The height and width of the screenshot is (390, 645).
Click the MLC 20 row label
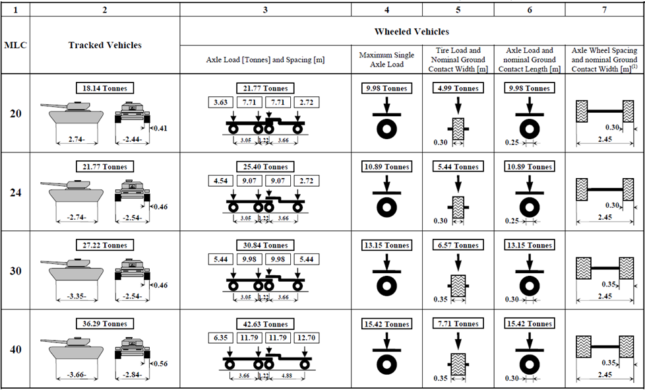click(15, 114)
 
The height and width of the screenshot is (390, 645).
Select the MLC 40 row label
click(15, 348)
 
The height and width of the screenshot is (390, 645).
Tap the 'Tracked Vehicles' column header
click(105, 45)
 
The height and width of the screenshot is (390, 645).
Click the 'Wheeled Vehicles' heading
click(412, 31)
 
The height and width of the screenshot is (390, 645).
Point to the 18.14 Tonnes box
click(105, 88)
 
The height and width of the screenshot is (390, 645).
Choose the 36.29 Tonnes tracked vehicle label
click(105, 324)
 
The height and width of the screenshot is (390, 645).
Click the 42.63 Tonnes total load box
click(264, 324)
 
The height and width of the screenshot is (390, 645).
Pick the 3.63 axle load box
click(220, 103)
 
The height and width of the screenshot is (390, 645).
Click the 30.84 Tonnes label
click(264, 245)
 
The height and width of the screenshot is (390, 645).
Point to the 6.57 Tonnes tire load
click(456, 245)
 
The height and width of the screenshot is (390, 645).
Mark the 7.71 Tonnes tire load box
click(456, 324)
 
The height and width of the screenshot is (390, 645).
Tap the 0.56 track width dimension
click(159, 363)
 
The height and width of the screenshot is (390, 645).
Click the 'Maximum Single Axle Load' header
click(386, 59)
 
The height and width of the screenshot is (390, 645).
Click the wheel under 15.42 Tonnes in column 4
click(386, 364)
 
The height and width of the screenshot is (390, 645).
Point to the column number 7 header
click(604, 10)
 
